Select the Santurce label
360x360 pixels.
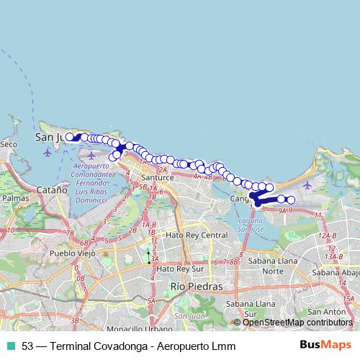(158, 177)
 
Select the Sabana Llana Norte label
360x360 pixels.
(271, 266)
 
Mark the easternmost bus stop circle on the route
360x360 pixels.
(291, 199)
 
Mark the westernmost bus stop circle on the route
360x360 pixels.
(69, 136)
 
